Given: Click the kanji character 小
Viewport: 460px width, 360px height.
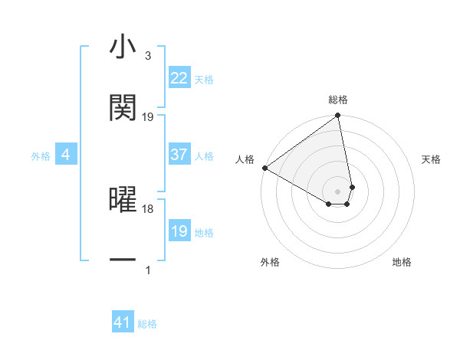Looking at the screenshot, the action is pyautogui.click(x=123, y=47).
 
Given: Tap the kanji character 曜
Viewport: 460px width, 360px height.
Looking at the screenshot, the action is pyautogui.click(x=123, y=199).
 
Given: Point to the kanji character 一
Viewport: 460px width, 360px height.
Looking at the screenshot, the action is pyautogui.click(x=123, y=260).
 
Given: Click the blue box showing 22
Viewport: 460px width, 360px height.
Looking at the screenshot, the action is pyautogui.click(x=179, y=78).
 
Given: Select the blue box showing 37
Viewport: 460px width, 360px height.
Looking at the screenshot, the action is pyautogui.click(x=179, y=155).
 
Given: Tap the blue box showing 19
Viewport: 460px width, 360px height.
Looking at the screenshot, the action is pyautogui.click(x=179, y=231).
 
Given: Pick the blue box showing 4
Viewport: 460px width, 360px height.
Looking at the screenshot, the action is pyautogui.click(x=66, y=155).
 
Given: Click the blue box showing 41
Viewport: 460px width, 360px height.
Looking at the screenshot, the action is pyautogui.click(x=123, y=322).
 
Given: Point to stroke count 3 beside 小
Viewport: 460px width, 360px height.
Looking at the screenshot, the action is pyautogui.click(x=147, y=56).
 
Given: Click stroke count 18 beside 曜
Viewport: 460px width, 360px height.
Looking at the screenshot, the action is pyautogui.click(x=148, y=208).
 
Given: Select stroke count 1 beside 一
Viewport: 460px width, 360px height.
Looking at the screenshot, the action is pyautogui.click(x=148, y=270).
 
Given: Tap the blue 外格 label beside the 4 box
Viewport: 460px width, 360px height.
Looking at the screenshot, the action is pyautogui.click(x=41, y=156).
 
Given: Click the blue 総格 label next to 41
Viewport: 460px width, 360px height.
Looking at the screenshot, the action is pyautogui.click(x=147, y=324).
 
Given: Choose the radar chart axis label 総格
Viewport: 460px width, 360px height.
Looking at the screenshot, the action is pyautogui.click(x=338, y=100).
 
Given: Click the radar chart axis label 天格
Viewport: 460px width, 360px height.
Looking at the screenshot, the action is pyautogui.click(x=431, y=159).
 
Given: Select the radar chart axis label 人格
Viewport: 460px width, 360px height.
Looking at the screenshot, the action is pyautogui.click(x=245, y=159).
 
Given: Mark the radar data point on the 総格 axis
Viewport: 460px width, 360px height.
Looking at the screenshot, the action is pyautogui.click(x=338, y=116).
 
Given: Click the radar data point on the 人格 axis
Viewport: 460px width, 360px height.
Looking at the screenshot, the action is pyautogui.click(x=264, y=168).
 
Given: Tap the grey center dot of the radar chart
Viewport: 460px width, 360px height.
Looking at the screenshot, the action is pyautogui.click(x=338, y=191).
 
